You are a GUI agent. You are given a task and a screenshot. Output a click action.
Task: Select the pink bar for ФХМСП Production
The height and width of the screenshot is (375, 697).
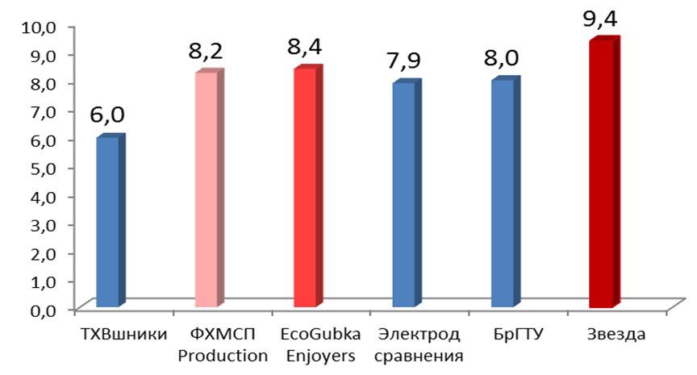pyautogui.click(x=207, y=190)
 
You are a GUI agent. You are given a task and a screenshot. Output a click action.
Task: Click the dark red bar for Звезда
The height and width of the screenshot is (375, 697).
pyautogui.click(x=601, y=173)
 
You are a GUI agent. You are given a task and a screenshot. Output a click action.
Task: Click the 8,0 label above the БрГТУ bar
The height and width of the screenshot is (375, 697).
pyautogui.click(x=502, y=59)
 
